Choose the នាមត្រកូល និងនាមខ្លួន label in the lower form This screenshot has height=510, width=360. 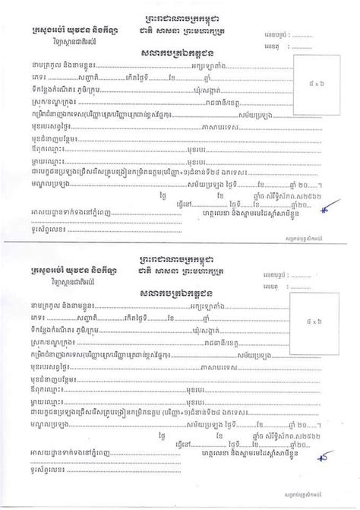[x=56, y=303]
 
